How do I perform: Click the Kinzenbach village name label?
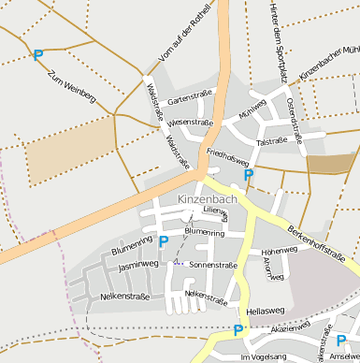pos(207,199)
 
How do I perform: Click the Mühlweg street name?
pos(252,109)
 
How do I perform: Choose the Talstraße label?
pos(270,141)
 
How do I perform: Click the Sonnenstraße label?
pos(213,265)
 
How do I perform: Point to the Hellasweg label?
pos(265,310)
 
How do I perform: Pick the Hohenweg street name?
pos(280,252)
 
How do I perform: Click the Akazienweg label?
pos(289,328)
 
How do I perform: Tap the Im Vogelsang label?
pos(264,356)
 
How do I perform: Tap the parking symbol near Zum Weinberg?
pos(38,55)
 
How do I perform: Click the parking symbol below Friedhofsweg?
pos(248,175)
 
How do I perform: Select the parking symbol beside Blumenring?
pos(164,241)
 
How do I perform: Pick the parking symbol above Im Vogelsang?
pos(238,330)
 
